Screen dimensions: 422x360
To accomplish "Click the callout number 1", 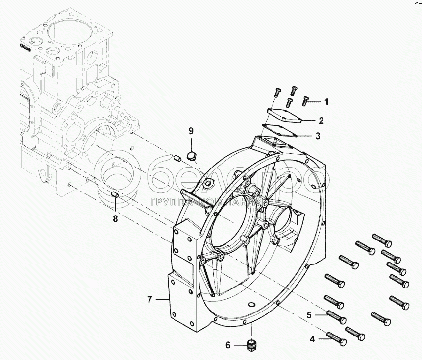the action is (x=326, y=102).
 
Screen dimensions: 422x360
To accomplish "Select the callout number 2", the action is (x=321, y=121).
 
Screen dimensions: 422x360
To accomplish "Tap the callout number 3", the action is (x=318, y=136).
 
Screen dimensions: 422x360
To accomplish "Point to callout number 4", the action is (x=312, y=339).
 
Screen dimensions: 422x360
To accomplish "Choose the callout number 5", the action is (x=309, y=315).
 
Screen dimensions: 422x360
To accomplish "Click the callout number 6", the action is (x=228, y=345).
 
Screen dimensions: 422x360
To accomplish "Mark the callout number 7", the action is (x=150, y=299).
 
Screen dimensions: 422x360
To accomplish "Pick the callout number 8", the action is (x=115, y=219).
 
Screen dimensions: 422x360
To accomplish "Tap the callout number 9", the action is (x=191, y=131).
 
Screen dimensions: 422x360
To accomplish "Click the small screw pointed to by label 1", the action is (x=305, y=101).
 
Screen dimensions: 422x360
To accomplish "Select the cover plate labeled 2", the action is (x=284, y=115).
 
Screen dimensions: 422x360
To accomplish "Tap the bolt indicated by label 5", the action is (x=336, y=317).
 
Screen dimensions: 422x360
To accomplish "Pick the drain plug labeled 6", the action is (x=251, y=345).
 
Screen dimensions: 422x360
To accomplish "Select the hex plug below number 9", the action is (x=192, y=156).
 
